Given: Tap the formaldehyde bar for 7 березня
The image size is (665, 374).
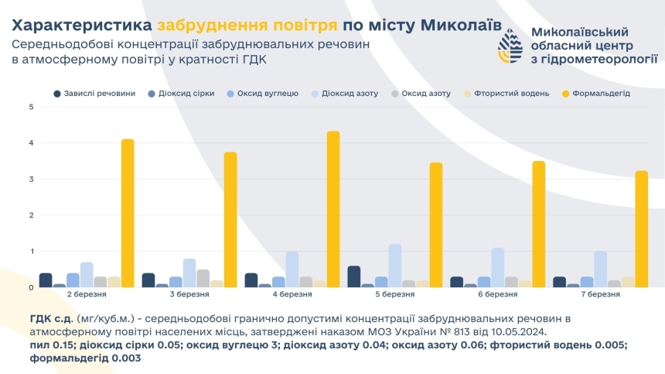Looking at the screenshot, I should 641,228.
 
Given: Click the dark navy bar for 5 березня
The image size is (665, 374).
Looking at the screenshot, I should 353,276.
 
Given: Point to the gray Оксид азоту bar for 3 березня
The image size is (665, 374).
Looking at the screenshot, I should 203,278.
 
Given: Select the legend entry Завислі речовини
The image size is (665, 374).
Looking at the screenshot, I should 94,94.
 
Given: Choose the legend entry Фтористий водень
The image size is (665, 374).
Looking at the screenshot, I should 508,94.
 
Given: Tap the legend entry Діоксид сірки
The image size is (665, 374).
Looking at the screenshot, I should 180,94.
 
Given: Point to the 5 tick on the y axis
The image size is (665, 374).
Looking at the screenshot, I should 31,107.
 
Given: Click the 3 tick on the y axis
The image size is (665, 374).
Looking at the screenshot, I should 31,179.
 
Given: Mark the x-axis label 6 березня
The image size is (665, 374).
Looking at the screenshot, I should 498,296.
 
